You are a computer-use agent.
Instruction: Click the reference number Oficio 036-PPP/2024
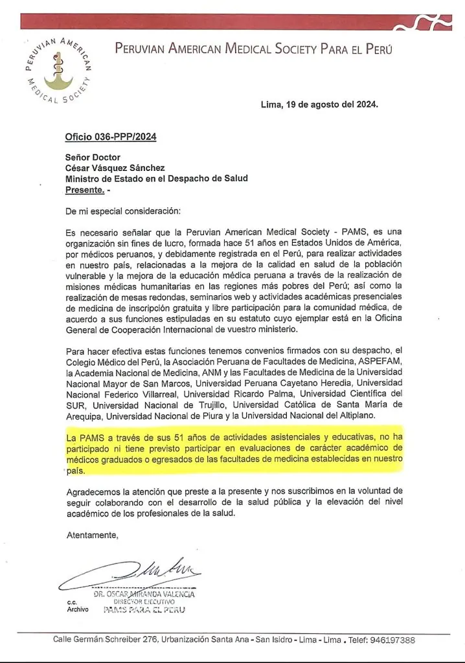pyautogui.click(x=111, y=137)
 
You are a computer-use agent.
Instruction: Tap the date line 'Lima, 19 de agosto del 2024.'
pyautogui.click(x=319, y=104)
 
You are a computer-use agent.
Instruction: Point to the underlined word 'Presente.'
pyautogui.click(x=85, y=190)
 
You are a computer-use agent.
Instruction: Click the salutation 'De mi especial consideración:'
pyautogui.click(x=124, y=211)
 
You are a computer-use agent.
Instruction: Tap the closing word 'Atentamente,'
pyautogui.click(x=93, y=535)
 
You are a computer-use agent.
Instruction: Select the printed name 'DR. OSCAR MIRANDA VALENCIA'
pyautogui.click(x=144, y=594)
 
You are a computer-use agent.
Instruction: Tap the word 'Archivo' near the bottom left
pyautogui.click(x=77, y=610)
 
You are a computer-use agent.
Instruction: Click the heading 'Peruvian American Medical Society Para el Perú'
pyautogui.click(x=253, y=49)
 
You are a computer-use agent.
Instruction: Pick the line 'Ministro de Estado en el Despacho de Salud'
pyautogui.click(x=157, y=179)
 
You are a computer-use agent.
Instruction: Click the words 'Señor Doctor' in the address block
pyautogui.click(x=93, y=157)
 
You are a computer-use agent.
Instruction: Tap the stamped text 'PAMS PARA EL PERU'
pyautogui.click(x=144, y=610)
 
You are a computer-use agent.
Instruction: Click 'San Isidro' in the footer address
pyautogui.click(x=273, y=640)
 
